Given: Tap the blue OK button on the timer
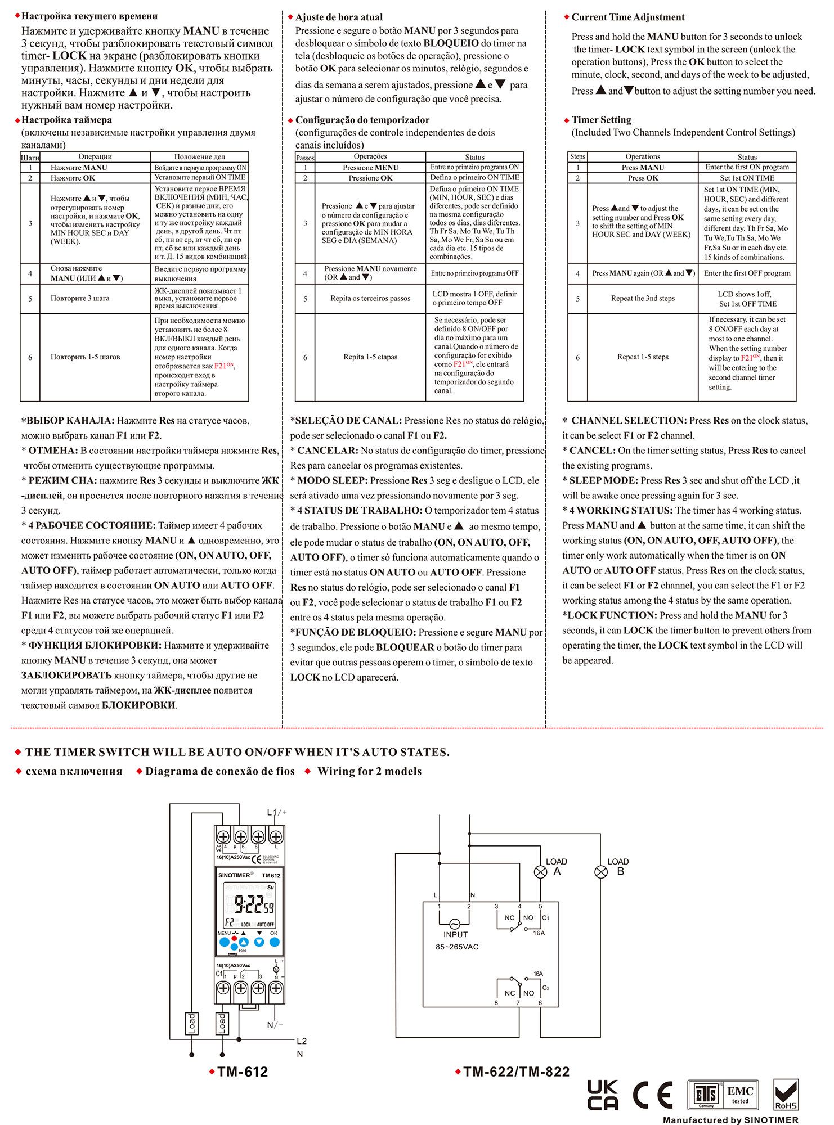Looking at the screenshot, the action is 274,942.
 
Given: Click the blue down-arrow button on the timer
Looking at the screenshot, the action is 259,942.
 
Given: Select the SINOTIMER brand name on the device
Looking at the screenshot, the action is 236,875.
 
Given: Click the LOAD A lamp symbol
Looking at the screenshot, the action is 540,872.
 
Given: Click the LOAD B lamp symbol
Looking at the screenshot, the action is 602,872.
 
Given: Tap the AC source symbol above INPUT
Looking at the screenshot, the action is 454,924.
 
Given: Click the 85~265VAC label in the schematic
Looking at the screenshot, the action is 457,947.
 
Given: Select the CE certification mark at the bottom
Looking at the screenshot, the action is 653,1095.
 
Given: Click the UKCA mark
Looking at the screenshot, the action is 603,1095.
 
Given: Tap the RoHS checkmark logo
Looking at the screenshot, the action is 786,1095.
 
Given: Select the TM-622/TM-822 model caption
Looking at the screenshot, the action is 517,1072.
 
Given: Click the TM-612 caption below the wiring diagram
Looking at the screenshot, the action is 243,1072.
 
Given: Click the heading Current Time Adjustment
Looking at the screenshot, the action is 628,17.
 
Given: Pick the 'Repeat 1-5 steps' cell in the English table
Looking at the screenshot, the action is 643,357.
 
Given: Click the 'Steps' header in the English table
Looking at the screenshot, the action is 577,156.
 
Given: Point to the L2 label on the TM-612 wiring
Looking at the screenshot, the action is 302,1041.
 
